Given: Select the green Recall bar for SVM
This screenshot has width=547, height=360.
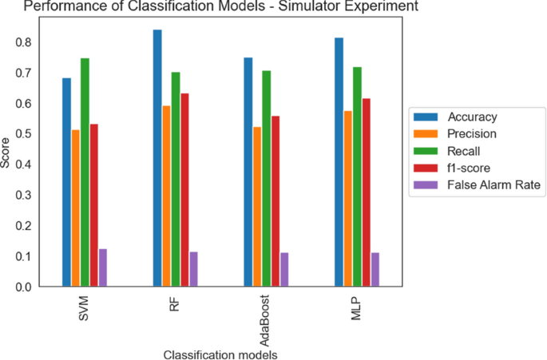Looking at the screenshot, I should [x=85, y=172].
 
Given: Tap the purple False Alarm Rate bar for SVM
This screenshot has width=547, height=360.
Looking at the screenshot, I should [x=103, y=267].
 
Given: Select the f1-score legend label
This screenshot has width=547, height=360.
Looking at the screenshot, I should [x=474, y=168].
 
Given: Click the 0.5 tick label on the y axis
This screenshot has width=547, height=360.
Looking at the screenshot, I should [x=29, y=134].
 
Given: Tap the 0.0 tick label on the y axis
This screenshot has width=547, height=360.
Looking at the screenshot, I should [x=29, y=287].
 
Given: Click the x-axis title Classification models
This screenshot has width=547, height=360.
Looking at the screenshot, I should [x=220, y=353].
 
